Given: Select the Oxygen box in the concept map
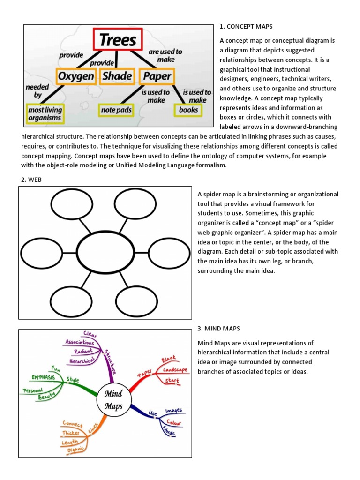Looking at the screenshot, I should [75, 76].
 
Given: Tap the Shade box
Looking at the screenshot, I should [117, 76].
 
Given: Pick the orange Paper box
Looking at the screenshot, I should [156, 76].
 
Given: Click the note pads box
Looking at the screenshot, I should [115, 111].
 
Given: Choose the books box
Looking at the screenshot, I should [188, 111].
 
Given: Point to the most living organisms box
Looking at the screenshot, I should [45, 114].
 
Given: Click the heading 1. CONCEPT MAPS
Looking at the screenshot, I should [246, 26].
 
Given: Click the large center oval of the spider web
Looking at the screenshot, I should [105, 252].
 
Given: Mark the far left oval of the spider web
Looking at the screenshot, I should [42, 253].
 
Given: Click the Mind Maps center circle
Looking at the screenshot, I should [113, 399].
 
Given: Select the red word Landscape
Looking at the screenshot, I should [175, 370].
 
